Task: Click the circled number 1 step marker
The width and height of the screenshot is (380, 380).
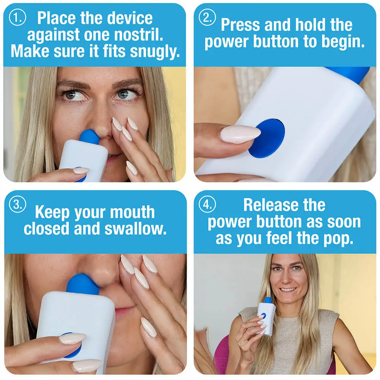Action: pos(17,18)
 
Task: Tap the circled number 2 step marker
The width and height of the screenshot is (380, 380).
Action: pos(207,18)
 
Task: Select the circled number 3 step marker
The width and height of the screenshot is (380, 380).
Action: pos(17,205)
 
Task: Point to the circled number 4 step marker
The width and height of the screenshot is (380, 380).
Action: pos(207,205)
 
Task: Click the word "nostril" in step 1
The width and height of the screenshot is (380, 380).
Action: pos(141,35)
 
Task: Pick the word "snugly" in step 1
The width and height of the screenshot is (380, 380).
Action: pos(155,52)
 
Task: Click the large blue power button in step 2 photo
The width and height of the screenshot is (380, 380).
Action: pos(267,138)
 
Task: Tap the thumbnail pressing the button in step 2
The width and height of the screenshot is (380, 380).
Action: pos(240,134)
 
